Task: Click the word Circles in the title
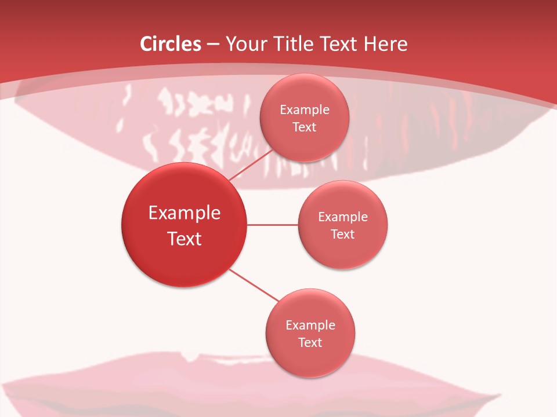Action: click(x=170, y=44)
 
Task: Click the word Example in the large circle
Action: click(x=185, y=213)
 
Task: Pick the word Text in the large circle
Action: click(x=185, y=239)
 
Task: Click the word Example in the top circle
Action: click(x=305, y=109)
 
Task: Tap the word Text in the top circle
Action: click(x=305, y=127)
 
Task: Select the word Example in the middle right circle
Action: click(x=343, y=217)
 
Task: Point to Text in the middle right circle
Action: click(x=343, y=234)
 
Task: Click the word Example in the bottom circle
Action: click(x=310, y=325)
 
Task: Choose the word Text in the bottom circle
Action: click(x=310, y=342)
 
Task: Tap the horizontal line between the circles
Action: click(x=273, y=224)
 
